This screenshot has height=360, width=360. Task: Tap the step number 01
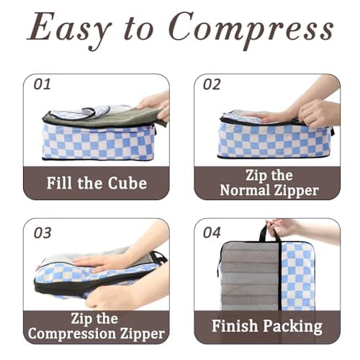coord(42,84)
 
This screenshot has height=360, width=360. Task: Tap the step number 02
coord(212,84)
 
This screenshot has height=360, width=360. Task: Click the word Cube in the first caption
coord(127,182)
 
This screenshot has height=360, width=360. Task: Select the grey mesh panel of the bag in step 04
coord(248,281)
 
